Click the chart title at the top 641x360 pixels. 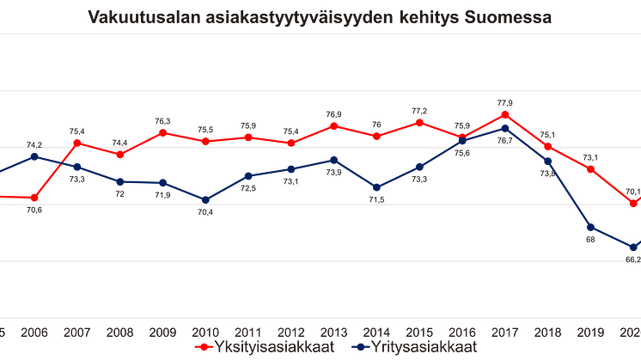pos(319,16)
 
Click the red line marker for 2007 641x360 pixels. pos(76,142)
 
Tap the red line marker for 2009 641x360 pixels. pos(162,132)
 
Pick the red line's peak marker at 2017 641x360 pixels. pos(505,113)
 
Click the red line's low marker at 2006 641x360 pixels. pos(34,198)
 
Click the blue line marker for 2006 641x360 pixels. pos(34,156)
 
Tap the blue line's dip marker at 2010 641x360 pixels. pos(205,199)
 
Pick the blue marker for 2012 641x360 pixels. pos(291,168)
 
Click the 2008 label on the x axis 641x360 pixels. pos(119,331)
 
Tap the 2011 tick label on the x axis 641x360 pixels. pos(248,331)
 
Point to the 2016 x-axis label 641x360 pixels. pos(462,331)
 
